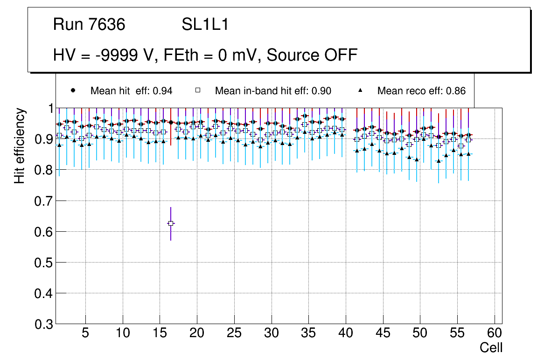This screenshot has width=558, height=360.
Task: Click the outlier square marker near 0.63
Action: (171, 223)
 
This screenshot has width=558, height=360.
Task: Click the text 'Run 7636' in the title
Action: (89, 25)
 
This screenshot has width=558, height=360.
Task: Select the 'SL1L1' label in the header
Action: (205, 25)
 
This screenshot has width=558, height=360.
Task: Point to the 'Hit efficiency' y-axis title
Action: (20, 146)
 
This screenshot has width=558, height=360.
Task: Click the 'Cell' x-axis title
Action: (491, 347)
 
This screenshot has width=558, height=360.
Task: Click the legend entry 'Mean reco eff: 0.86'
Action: (421, 91)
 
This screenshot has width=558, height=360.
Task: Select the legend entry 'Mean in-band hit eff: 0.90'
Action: (273, 91)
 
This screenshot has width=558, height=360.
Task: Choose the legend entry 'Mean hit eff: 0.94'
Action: (131, 91)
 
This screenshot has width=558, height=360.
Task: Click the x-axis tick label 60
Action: (495, 333)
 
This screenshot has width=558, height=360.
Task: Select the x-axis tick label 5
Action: (85, 333)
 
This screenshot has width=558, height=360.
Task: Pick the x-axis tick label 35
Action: (308, 333)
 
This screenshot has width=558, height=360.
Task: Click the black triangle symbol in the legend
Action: (360, 90)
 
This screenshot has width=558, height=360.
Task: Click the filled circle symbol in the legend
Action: (72, 90)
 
